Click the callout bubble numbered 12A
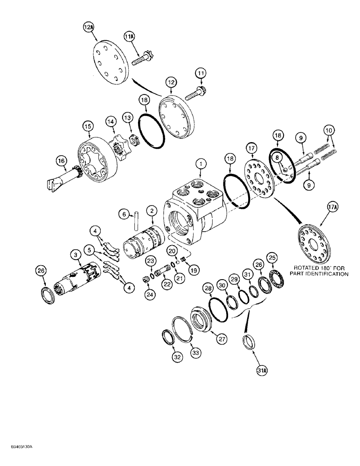[89, 28]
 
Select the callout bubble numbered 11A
[130, 35]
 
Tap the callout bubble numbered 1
[199, 164]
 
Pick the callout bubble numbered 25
[272, 257]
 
